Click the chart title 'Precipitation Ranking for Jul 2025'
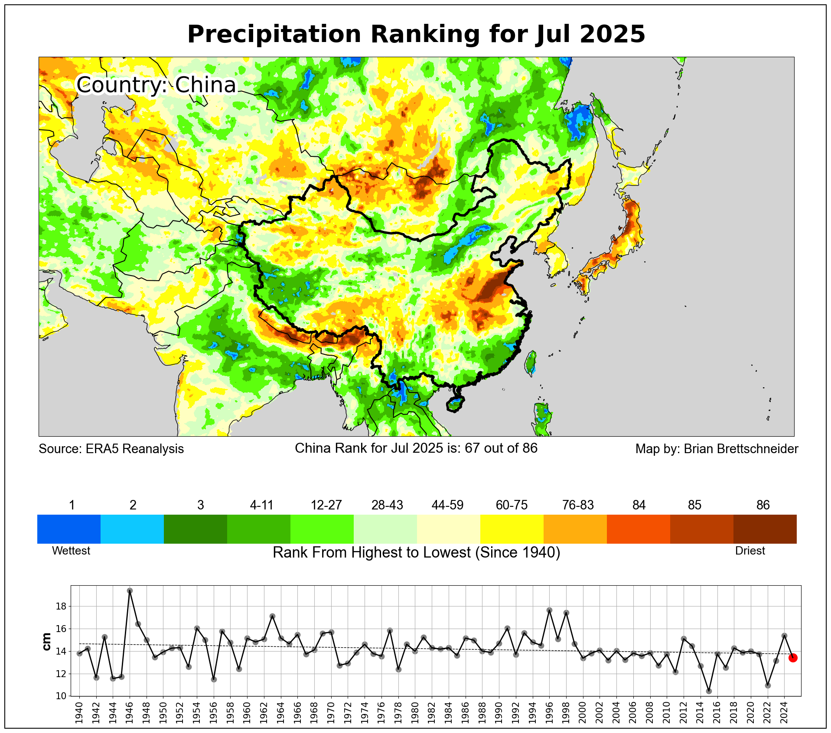click(x=416, y=34)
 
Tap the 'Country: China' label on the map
click(x=156, y=84)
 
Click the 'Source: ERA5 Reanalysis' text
click(x=111, y=449)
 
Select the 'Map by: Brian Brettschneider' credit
click(x=717, y=449)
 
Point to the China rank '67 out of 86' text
click(x=501, y=448)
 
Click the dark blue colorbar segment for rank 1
click(x=69, y=529)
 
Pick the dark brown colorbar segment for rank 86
click(x=765, y=529)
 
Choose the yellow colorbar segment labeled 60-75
click(x=512, y=529)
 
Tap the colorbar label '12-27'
click(x=326, y=505)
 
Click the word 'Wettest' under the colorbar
click(x=71, y=551)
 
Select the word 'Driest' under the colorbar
click(x=750, y=551)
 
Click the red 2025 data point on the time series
click(x=793, y=658)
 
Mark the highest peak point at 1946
click(x=130, y=590)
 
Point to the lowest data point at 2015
click(x=709, y=691)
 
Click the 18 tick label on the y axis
click(x=61, y=607)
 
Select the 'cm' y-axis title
click(x=46, y=642)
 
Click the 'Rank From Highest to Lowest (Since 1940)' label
click(x=416, y=553)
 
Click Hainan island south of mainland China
click(x=454, y=405)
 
